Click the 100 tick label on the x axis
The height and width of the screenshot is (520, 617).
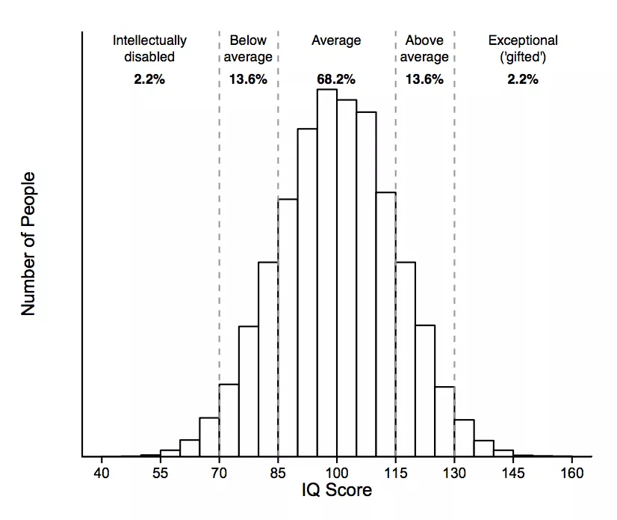coord(336,473)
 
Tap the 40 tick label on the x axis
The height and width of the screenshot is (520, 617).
coord(102,473)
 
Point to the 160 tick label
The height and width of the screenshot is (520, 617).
coord(571,473)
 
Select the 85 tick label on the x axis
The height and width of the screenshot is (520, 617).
coord(278,473)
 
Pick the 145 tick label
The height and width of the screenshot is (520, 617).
coord(512,473)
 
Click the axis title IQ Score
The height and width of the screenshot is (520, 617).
coord(336,492)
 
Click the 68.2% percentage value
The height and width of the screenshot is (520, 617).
coord(336,79)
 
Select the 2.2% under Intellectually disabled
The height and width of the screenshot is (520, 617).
coord(149,79)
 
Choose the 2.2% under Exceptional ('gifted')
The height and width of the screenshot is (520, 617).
coord(523,79)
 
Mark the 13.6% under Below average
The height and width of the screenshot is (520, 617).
coord(248,79)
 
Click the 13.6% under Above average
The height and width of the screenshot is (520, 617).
coord(424,79)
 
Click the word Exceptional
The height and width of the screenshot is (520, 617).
coord(523,40)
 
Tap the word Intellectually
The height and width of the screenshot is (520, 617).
coord(149,40)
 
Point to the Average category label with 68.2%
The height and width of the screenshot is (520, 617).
coord(336,40)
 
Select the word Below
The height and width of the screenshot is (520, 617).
coord(248,40)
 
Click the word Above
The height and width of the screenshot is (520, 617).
coord(424,40)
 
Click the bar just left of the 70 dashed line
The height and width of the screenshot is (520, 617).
coord(209,437)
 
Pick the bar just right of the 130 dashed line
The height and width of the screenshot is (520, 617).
coord(464,438)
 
